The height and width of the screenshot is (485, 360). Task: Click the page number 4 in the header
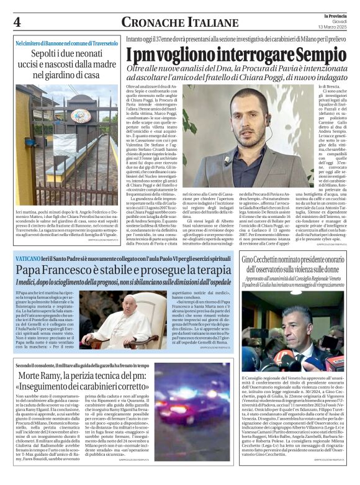[x=17, y=22]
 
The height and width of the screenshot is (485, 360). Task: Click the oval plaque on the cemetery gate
[x=80, y=116]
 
